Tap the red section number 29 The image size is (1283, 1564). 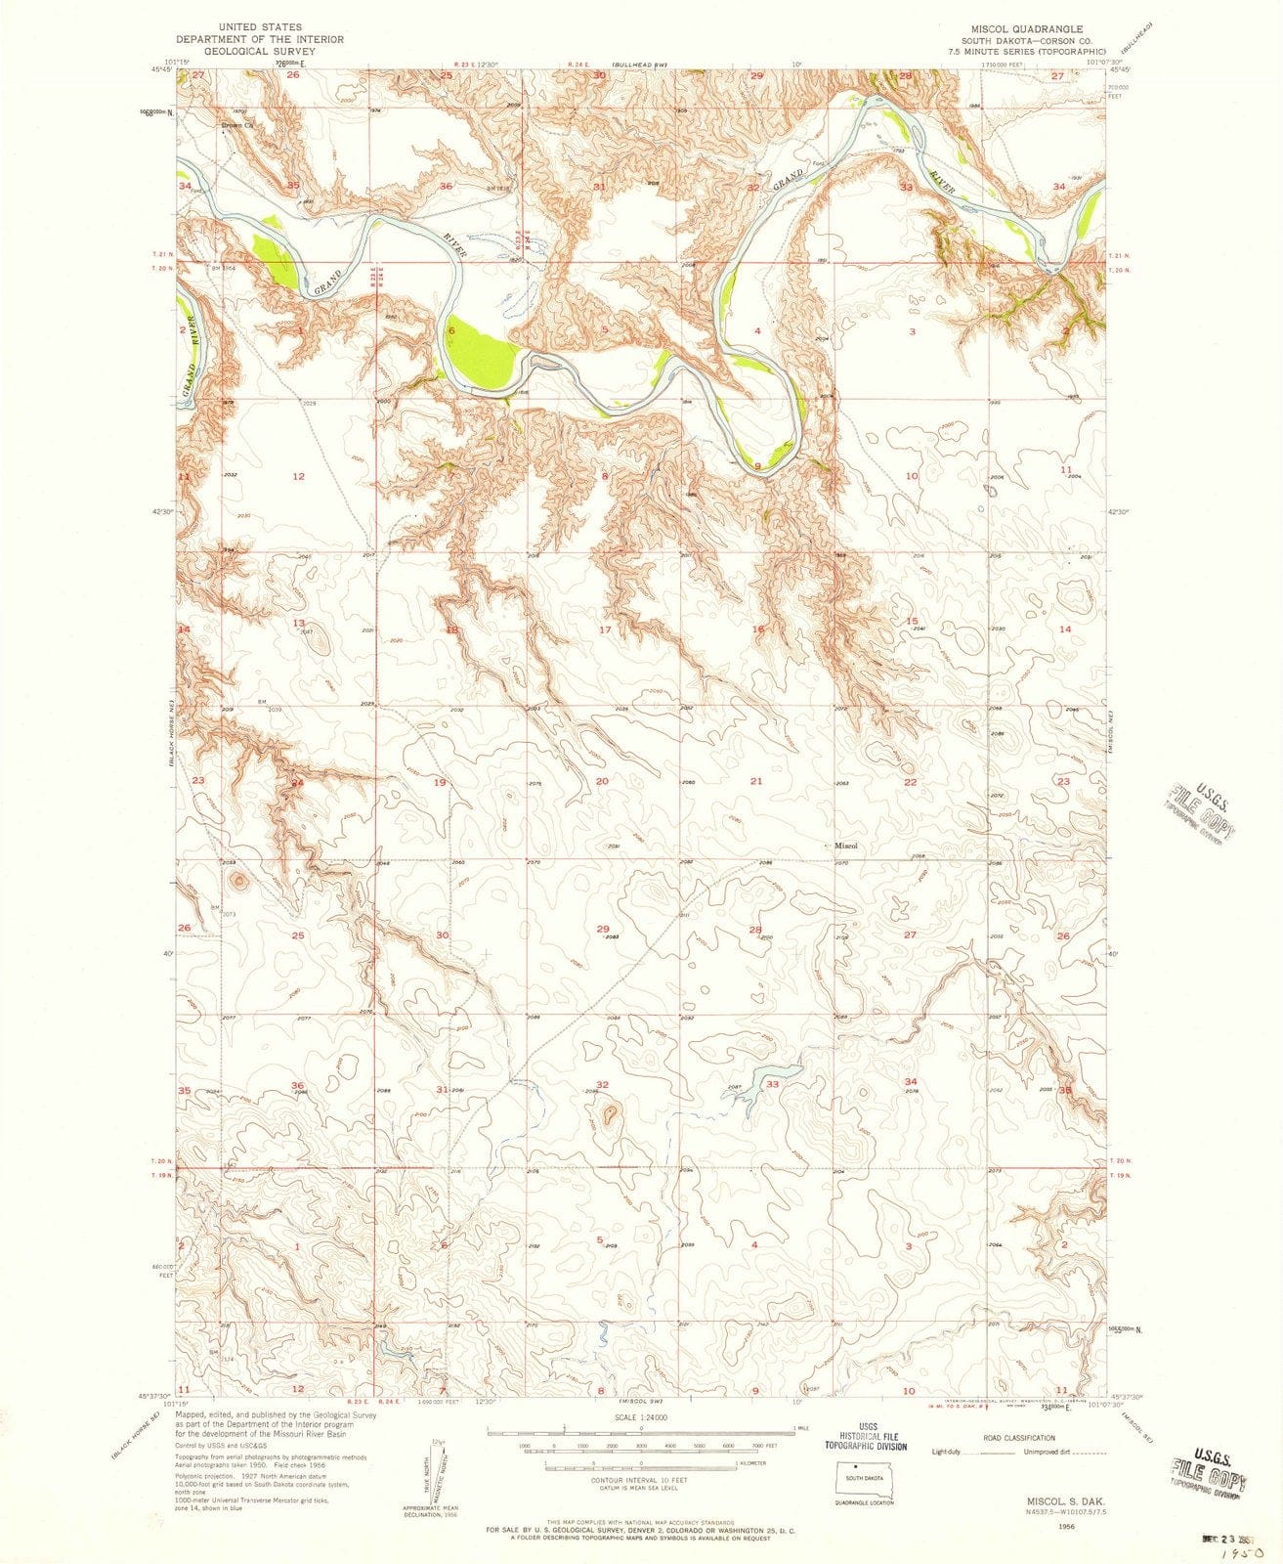(x=603, y=929)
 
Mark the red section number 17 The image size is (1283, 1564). (x=605, y=630)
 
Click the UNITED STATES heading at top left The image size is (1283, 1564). (x=259, y=26)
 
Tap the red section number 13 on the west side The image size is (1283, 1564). (x=298, y=623)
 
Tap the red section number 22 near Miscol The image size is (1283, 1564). (x=910, y=783)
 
